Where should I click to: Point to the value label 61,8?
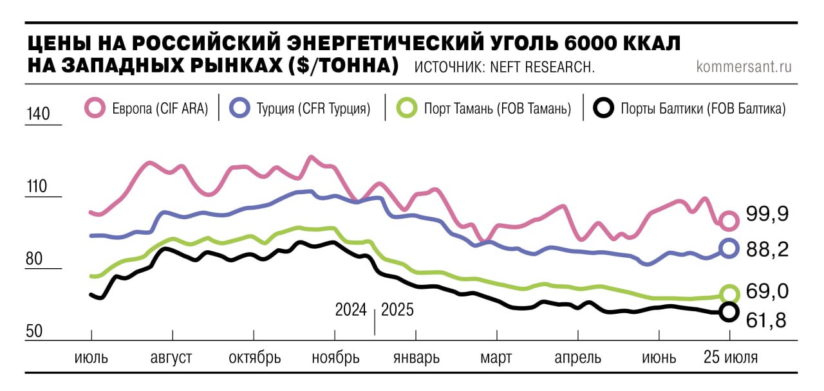767,320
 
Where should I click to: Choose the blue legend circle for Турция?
239,108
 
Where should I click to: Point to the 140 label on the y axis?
37,114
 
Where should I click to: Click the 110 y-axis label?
37,187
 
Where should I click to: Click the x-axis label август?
171,358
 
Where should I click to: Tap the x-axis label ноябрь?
335,358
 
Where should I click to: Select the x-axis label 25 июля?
729,358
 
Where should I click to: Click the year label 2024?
351,310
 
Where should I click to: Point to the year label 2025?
398,310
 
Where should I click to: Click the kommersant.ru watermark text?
744,66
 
